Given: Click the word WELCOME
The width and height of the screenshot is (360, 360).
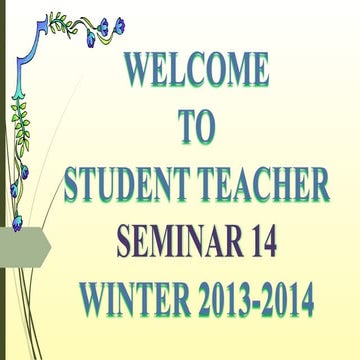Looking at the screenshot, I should (196, 71).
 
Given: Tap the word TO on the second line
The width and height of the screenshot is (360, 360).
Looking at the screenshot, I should (197, 128).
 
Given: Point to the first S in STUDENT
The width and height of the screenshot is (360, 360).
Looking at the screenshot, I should (72, 186).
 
